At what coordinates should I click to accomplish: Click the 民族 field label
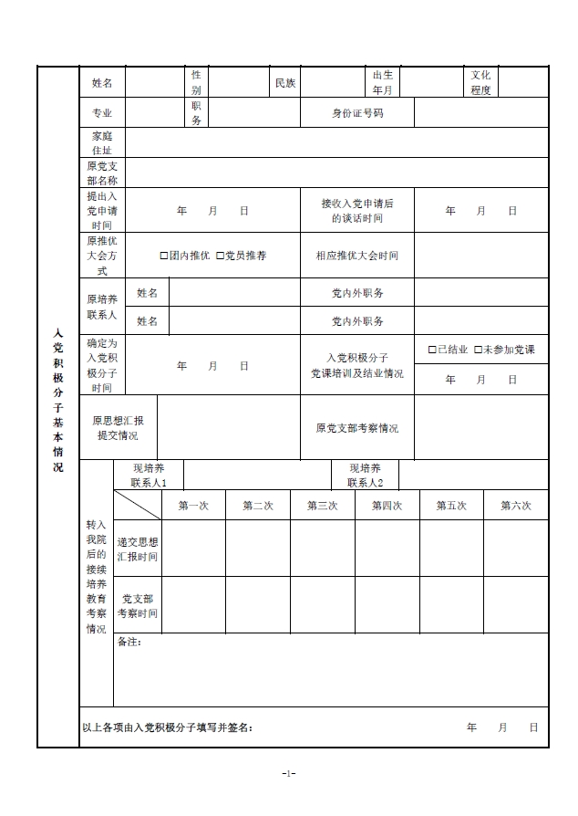pos(285,83)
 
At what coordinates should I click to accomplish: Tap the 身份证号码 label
pos(357,113)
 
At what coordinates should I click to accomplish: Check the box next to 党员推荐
pos(220,256)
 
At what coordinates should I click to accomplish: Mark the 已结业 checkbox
pos(432,350)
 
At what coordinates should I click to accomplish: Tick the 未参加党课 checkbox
pos(478,350)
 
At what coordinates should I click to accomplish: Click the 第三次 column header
pos(323,506)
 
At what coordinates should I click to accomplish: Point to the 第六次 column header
pos(516,506)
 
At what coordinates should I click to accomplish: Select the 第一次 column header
pos(193,506)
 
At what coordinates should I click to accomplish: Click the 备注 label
pos(129,643)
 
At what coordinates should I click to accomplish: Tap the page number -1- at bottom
pos(289,774)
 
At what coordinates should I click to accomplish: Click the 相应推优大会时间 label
pos(357,256)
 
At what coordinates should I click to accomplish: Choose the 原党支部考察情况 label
pos(357,428)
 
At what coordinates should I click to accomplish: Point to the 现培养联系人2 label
pos(365,476)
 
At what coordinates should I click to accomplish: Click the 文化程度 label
pos(480,83)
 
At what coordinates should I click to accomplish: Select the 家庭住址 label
pos(102,142)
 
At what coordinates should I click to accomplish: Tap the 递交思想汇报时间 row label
pos(138,549)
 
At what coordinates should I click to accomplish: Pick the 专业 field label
pos(102,113)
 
